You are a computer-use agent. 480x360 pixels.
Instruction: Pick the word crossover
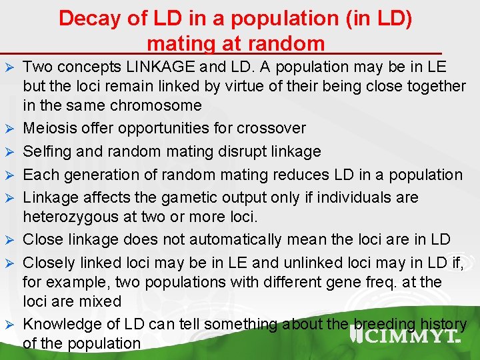(269, 128)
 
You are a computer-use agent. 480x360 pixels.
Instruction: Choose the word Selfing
(47, 151)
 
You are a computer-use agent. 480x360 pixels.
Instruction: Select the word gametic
(192, 198)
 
